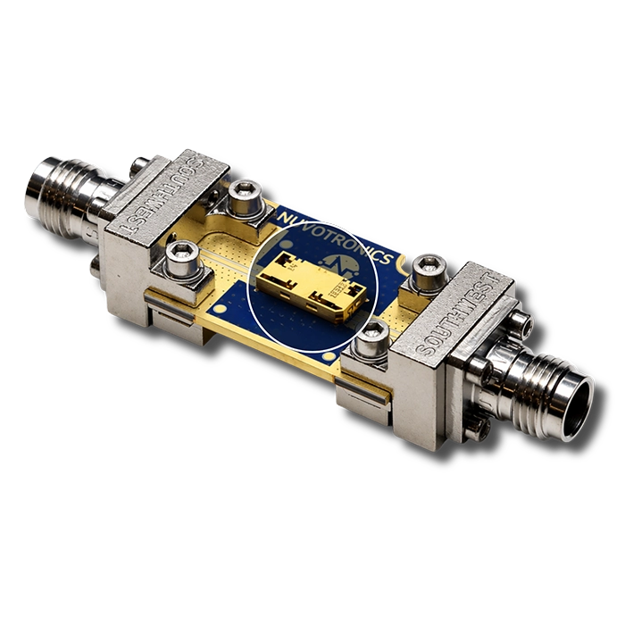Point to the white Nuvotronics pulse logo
[341, 262]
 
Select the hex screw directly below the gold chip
[373, 338]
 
